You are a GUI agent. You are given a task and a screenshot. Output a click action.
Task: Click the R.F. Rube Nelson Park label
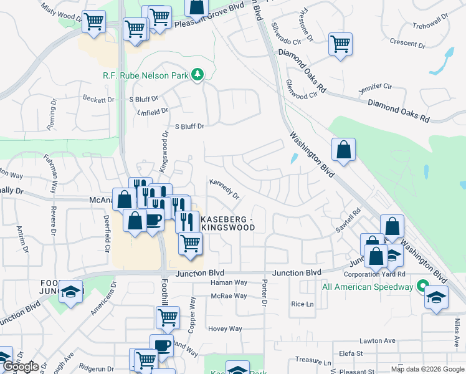pyautogui.click(x=145, y=75)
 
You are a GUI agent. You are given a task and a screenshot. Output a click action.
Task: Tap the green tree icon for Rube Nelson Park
pyautogui.click(x=197, y=75)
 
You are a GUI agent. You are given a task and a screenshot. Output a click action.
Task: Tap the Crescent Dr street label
pyautogui.click(x=407, y=45)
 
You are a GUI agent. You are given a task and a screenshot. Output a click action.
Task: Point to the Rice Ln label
pyautogui.click(x=302, y=304)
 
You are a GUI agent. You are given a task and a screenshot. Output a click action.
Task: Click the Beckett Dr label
pyautogui.click(x=98, y=99)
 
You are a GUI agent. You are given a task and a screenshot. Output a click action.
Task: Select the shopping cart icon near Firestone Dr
pyautogui.click(x=340, y=44)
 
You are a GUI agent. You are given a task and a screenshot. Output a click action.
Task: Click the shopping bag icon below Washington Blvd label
pyautogui.click(x=343, y=150)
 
